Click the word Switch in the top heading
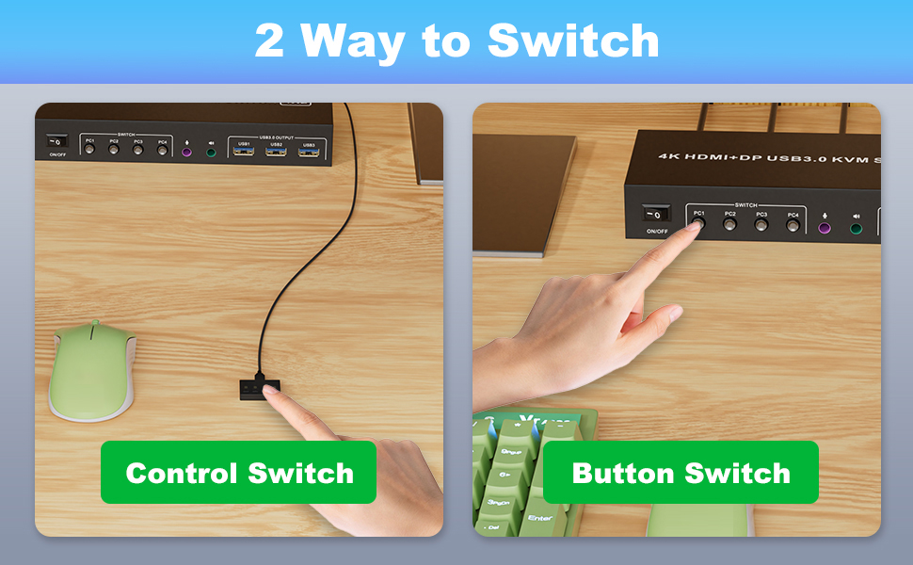572,40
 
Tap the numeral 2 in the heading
268,40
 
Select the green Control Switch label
239,472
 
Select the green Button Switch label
681,472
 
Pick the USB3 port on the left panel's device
308,152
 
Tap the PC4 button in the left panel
162,150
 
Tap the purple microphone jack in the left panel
186,151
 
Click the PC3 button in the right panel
761,226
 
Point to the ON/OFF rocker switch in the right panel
655,214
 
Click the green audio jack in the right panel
856,227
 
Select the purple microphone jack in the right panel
825,227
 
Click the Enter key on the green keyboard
541,517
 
